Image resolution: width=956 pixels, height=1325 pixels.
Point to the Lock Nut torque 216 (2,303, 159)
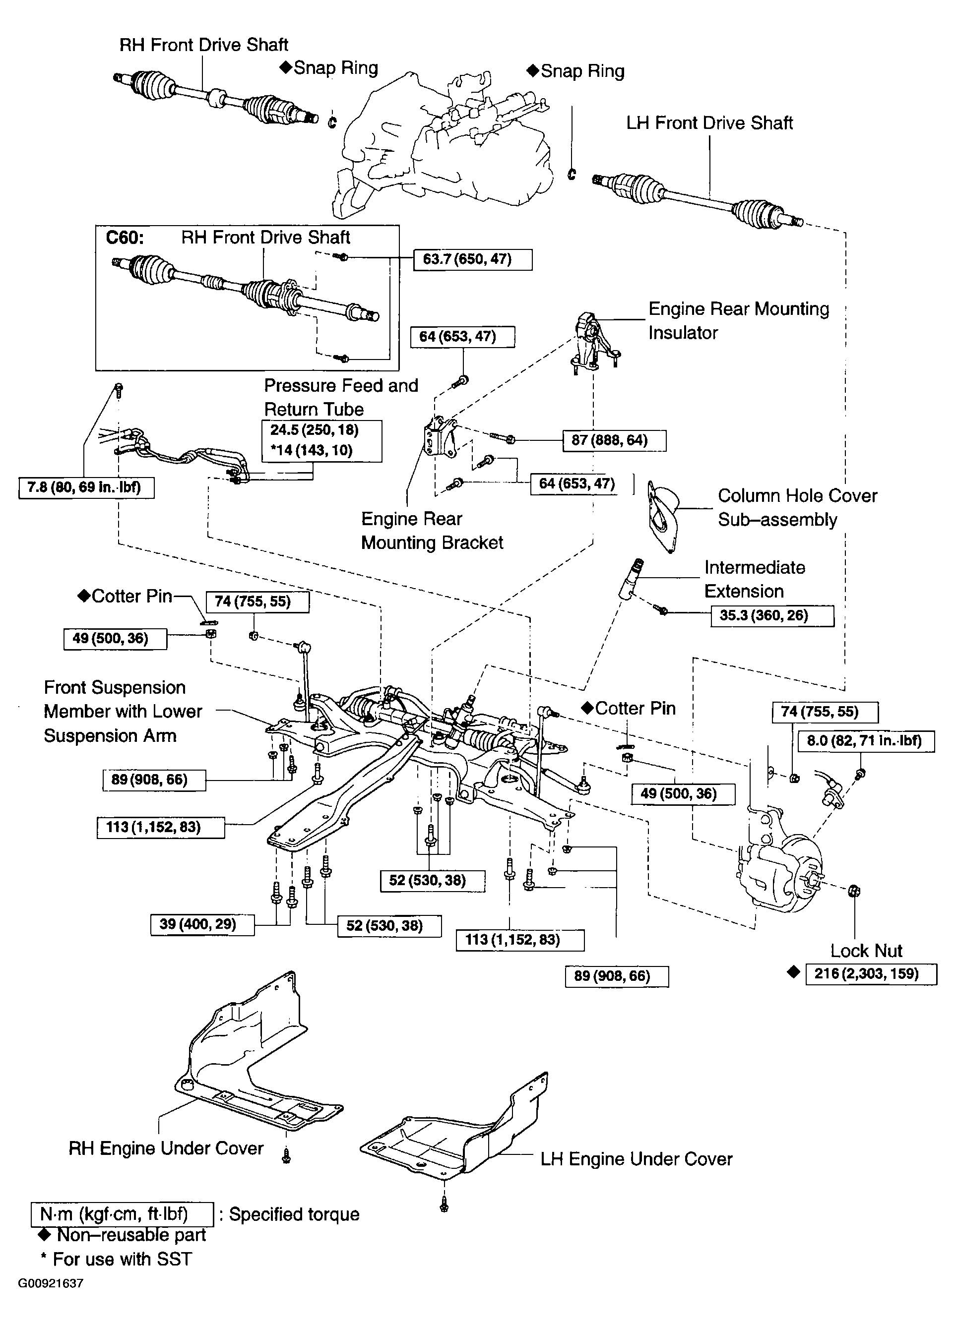click(x=871, y=974)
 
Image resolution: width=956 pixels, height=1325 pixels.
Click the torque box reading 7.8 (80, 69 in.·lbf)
click(x=86, y=488)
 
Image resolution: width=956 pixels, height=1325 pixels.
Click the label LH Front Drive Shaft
click(x=709, y=123)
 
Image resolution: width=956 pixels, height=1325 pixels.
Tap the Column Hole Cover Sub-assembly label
click(x=797, y=508)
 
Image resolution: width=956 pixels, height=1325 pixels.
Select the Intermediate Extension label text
click(x=755, y=579)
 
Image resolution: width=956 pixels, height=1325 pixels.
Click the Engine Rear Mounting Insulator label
click(x=739, y=321)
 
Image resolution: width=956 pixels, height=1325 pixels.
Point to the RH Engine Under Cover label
click(x=166, y=1148)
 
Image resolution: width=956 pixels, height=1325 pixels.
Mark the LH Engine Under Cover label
click(x=636, y=1159)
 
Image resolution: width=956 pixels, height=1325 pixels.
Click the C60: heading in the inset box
click(x=125, y=238)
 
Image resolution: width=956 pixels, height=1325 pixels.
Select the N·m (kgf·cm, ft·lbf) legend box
click(x=122, y=1214)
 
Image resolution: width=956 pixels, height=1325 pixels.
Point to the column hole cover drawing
click(x=664, y=515)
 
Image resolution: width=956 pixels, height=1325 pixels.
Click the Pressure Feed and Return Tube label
click(x=341, y=397)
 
